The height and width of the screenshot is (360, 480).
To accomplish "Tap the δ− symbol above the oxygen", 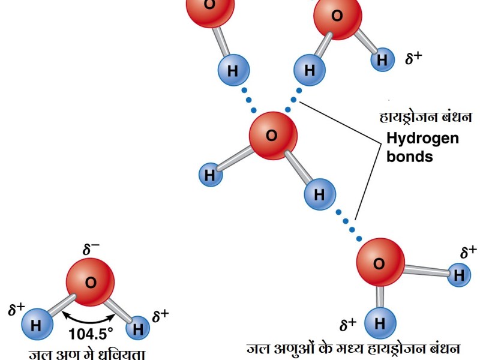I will [x=91, y=250].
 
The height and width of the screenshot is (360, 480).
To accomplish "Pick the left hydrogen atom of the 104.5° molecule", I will [x=35, y=326].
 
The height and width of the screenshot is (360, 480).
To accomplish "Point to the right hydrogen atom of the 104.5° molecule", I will [x=139, y=328].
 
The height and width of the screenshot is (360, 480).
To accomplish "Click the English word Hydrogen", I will [x=422, y=139].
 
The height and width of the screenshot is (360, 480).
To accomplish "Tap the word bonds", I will [x=409, y=157].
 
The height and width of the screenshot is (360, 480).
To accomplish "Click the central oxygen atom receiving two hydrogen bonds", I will [x=273, y=136].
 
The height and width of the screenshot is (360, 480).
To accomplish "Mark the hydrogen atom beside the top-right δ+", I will [x=382, y=59].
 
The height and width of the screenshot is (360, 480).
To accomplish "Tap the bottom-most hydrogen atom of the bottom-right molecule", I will [x=379, y=324].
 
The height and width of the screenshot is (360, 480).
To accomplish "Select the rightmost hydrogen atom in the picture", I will [x=458, y=275].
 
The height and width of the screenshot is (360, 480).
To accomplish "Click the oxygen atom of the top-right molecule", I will [x=337, y=17].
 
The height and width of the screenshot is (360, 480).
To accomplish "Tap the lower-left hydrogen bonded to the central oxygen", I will [x=210, y=175].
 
